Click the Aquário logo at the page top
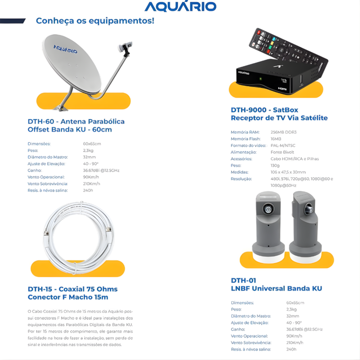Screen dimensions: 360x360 coord(180,6)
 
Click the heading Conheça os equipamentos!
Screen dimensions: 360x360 coord(94,21)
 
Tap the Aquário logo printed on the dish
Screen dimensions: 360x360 coord(66,49)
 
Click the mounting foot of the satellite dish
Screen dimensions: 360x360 coord(61,107)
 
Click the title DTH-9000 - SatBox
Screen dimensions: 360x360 coord(264,110)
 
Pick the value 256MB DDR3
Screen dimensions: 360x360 coord(283,132)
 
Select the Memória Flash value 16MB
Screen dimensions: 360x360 coord(276,139)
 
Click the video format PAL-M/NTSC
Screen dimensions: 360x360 coord(283,145)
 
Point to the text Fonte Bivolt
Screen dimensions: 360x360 coord(282,152)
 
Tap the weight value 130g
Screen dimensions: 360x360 coord(275,165)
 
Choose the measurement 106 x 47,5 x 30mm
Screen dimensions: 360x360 coord(288,172)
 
